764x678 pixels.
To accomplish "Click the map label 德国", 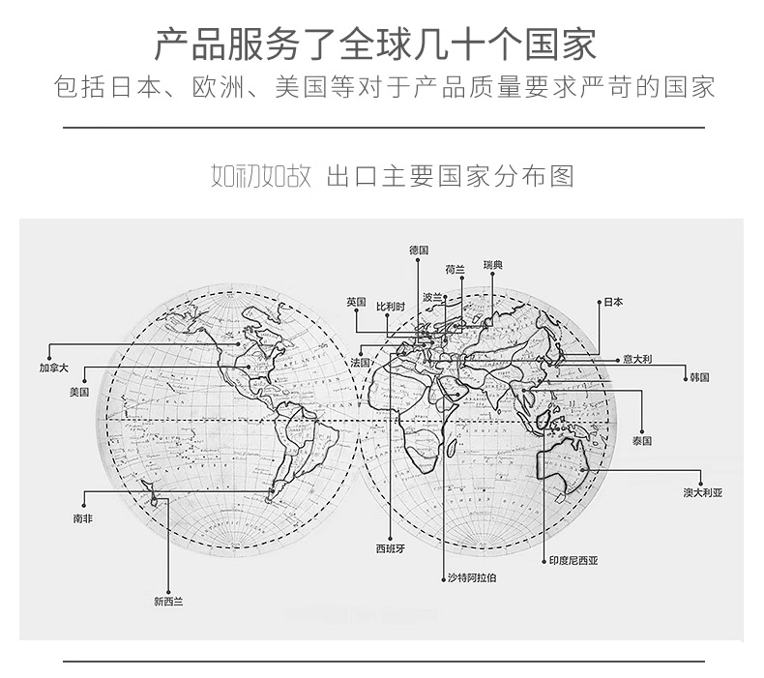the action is [x=418, y=250].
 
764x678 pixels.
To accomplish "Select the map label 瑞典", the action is [x=493, y=265].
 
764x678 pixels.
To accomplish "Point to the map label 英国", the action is [x=356, y=303].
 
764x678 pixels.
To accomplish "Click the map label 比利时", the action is [x=390, y=307].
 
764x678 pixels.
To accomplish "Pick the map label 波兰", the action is [x=431, y=297].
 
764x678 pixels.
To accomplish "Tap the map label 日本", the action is [x=613, y=302].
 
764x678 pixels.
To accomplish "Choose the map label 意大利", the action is [x=637, y=359].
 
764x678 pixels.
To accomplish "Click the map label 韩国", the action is [x=698, y=376].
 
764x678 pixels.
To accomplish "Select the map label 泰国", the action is [x=642, y=440].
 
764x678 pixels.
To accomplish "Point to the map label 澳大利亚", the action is [x=702, y=492].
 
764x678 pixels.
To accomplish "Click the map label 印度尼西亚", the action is [x=573, y=560].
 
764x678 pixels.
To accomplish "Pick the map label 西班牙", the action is [x=390, y=548].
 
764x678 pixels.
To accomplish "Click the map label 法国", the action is [x=361, y=362].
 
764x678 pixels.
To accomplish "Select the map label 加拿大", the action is [x=54, y=368].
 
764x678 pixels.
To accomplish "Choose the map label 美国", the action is [x=79, y=393].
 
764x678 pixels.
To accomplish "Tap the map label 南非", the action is [x=83, y=518].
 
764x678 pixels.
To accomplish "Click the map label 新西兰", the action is [x=167, y=601].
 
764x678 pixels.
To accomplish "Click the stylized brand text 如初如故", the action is [x=260, y=177].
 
